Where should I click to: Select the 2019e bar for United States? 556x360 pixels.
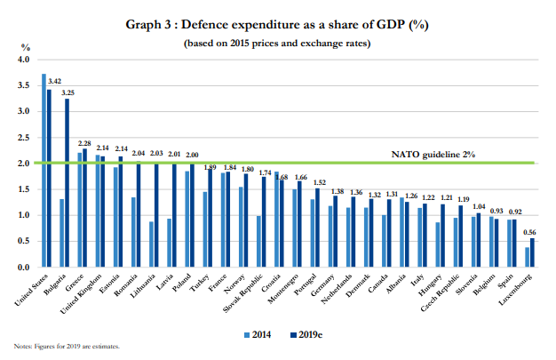pyautogui.click(x=49, y=178)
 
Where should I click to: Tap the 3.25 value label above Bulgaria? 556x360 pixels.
pyautogui.click(x=68, y=92)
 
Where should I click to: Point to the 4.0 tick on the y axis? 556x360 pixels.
pyautogui.click(x=22, y=60)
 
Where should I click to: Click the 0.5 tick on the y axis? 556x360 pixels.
pyautogui.click(x=22, y=241)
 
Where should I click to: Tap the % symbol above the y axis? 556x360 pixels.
pyautogui.click(x=25, y=45)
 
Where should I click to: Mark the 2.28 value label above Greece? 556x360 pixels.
pyautogui.click(x=85, y=142)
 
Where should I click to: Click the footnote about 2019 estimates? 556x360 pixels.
pyautogui.click(x=67, y=346)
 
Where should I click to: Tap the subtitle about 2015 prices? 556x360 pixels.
pyautogui.click(x=277, y=43)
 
